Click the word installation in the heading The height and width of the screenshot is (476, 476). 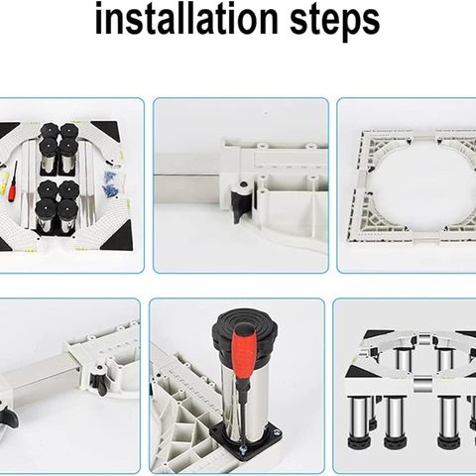tap(186, 19)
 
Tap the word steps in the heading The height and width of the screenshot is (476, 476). tap(334, 22)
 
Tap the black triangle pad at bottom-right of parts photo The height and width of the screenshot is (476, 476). tap(118, 236)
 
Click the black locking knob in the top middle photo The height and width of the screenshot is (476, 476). tap(241, 200)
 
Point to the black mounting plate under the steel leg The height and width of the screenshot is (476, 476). tap(245, 436)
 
